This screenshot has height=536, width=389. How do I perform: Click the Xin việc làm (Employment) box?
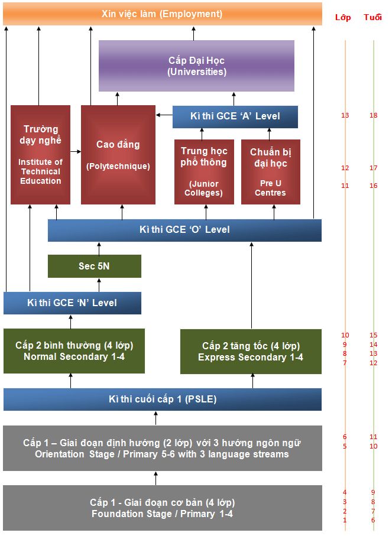(162, 14)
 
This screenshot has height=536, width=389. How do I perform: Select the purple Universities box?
(196, 66)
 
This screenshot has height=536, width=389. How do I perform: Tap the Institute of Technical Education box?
(40, 155)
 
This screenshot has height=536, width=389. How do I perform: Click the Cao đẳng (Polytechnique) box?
(118, 155)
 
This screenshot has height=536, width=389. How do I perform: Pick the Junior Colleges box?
(204, 172)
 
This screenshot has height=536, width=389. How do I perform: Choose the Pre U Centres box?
(271, 172)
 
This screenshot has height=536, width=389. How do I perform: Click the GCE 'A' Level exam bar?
(235, 116)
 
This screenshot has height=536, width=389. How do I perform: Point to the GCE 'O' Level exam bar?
(184, 230)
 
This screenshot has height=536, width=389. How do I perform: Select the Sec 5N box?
(95, 266)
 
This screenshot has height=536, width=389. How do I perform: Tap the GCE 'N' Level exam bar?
(72, 303)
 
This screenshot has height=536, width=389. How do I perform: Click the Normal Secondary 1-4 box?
(74, 351)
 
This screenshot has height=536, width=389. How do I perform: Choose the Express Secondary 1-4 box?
(251, 351)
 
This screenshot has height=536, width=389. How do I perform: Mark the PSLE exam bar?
(163, 399)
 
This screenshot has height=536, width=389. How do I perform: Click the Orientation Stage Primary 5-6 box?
(163, 448)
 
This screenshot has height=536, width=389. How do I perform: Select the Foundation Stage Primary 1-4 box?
(163, 508)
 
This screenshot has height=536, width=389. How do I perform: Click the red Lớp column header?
(343, 17)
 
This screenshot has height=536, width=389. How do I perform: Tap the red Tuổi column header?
(372, 17)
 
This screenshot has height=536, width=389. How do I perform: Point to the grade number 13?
(345, 115)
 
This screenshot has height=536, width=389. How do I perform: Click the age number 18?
(373, 115)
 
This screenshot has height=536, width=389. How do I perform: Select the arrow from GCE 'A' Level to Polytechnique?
(164, 114)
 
